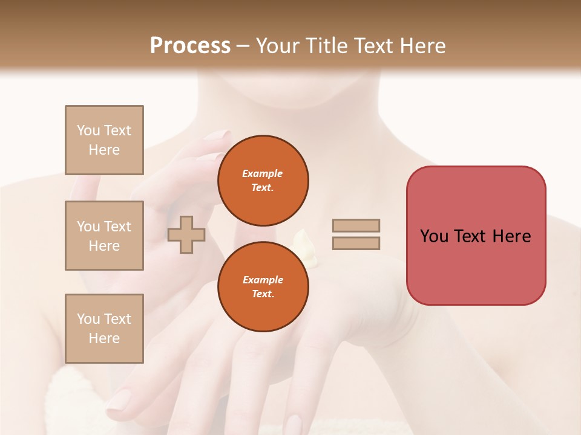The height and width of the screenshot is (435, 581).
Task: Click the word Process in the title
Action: pyautogui.click(x=190, y=45)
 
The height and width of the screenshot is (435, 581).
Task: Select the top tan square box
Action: pyautogui.click(x=104, y=140)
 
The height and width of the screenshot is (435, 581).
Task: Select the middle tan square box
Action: pyautogui.click(x=104, y=236)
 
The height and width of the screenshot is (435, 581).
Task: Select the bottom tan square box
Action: pyautogui.click(x=104, y=329)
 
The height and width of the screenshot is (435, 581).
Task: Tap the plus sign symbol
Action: pyautogui.click(x=186, y=234)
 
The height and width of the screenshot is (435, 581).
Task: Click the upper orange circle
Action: pyautogui.click(x=263, y=181)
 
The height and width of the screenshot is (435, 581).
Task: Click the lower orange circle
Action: pyautogui.click(x=263, y=287)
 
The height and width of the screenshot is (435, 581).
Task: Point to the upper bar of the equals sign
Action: pyautogui.click(x=356, y=225)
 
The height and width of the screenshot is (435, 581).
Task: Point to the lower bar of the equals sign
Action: pyautogui.click(x=356, y=243)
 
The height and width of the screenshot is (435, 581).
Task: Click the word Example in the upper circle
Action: pyautogui.click(x=262, y=173)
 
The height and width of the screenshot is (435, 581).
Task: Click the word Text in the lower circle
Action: pyautogui.click(x=262, y=294)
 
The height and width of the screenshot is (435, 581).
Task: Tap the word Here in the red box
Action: pyautogui.click(x=511, y=236)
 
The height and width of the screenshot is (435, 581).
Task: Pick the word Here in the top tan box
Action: pyautogui.click(x=104, y=150)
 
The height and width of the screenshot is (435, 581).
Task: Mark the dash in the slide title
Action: pyautogui.click(x=243, y=46)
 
